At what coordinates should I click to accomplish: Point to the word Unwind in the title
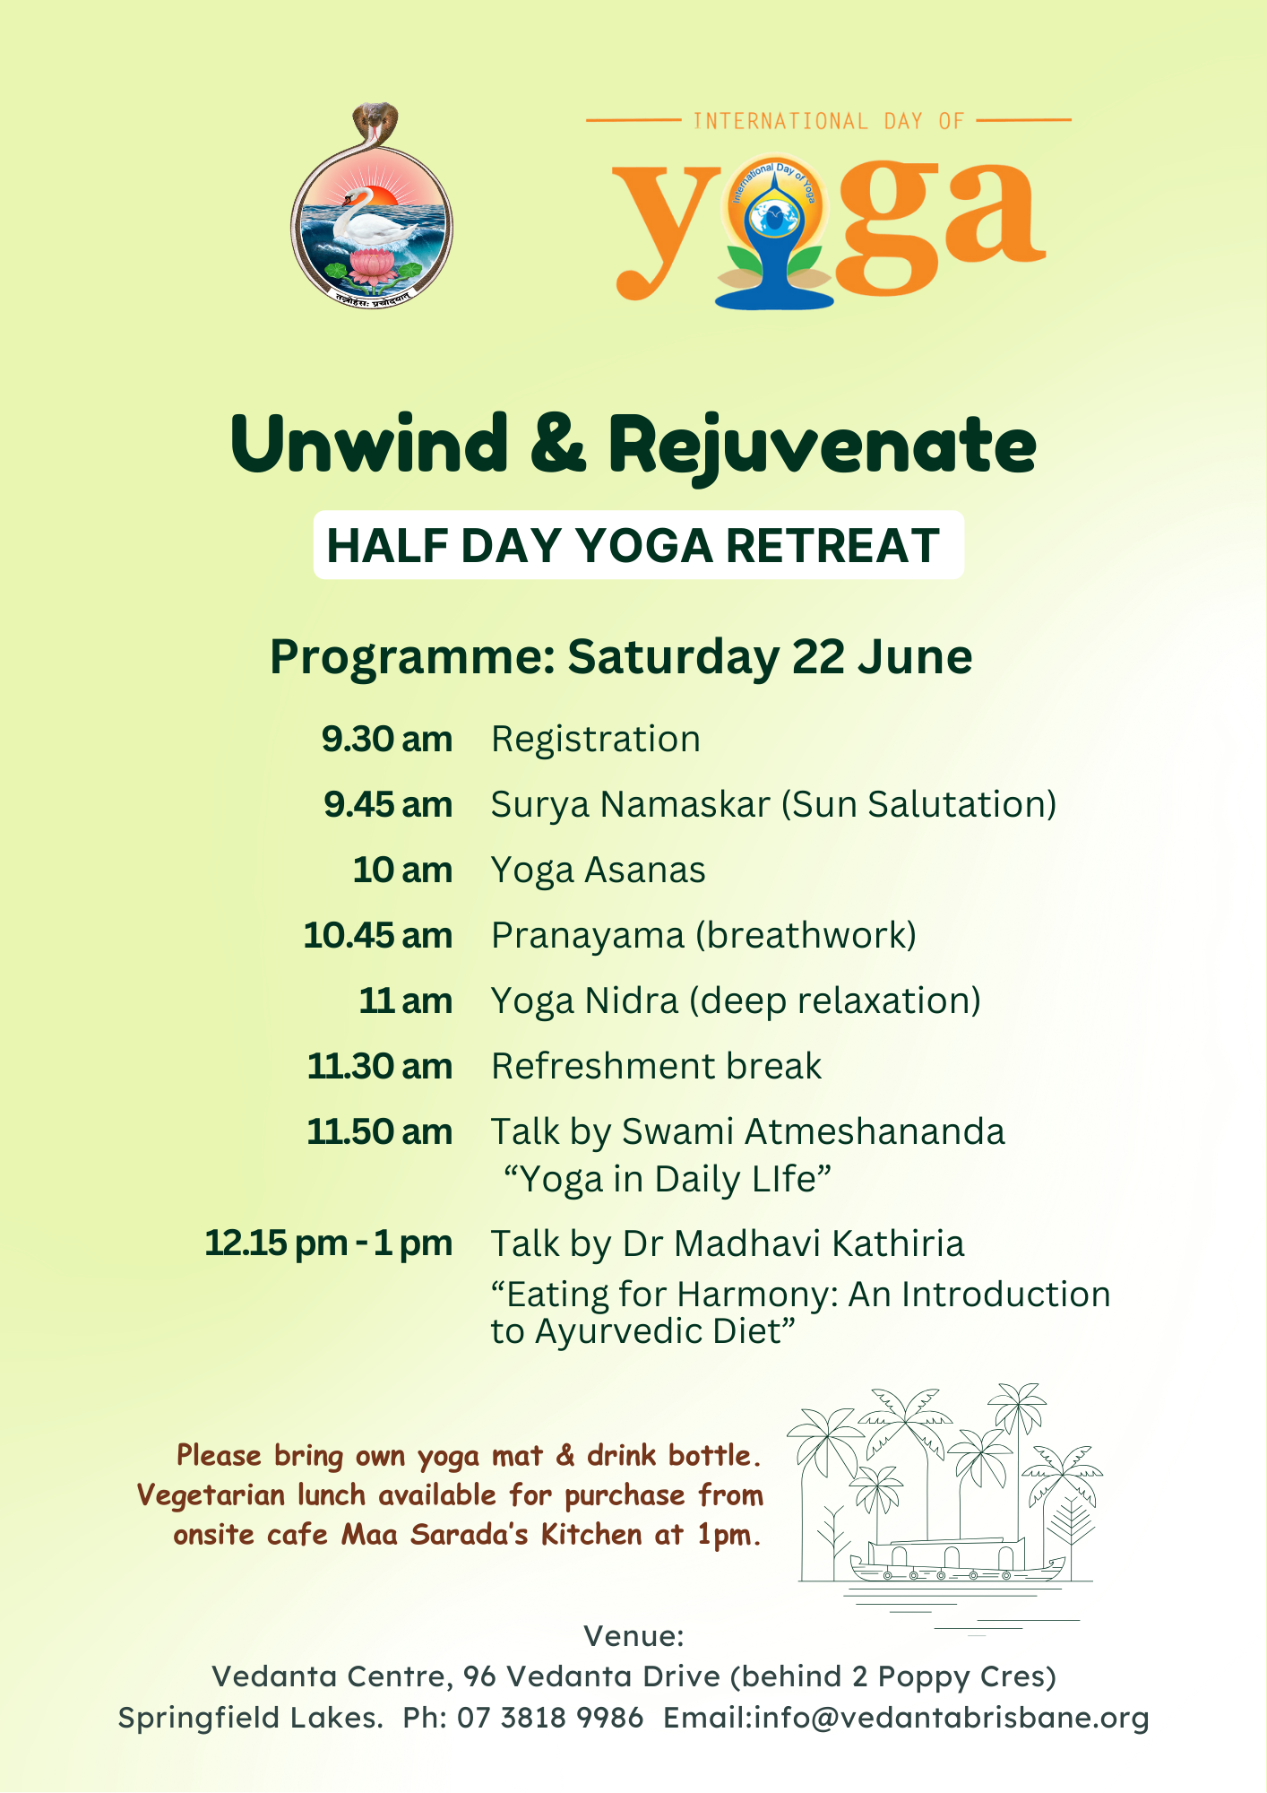click(369, 445)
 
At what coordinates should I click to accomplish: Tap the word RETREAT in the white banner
click(832, 546)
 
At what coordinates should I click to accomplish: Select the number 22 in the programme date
click(819, 657)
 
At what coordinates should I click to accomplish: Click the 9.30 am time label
click(387, 740)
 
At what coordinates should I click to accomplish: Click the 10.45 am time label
click(378, 936)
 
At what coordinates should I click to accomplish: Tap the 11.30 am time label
click(380, 1067)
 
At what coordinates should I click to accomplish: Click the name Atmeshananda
click(875, 1132)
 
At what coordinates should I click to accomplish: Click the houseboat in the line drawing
click(957, 1562)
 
